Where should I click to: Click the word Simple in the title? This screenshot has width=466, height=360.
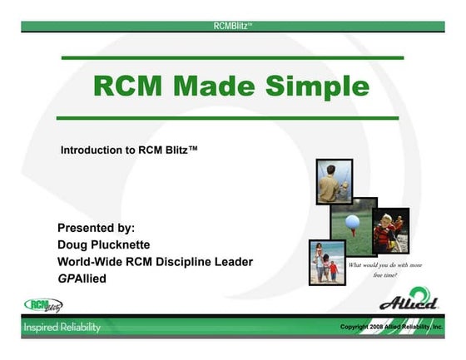[320, 86]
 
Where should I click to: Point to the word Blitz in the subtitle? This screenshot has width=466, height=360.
[178, 151]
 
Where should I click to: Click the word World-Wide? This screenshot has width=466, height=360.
[92, 262]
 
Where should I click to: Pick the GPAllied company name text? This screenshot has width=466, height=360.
[84, 279]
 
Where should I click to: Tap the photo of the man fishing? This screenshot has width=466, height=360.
[334, 182]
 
